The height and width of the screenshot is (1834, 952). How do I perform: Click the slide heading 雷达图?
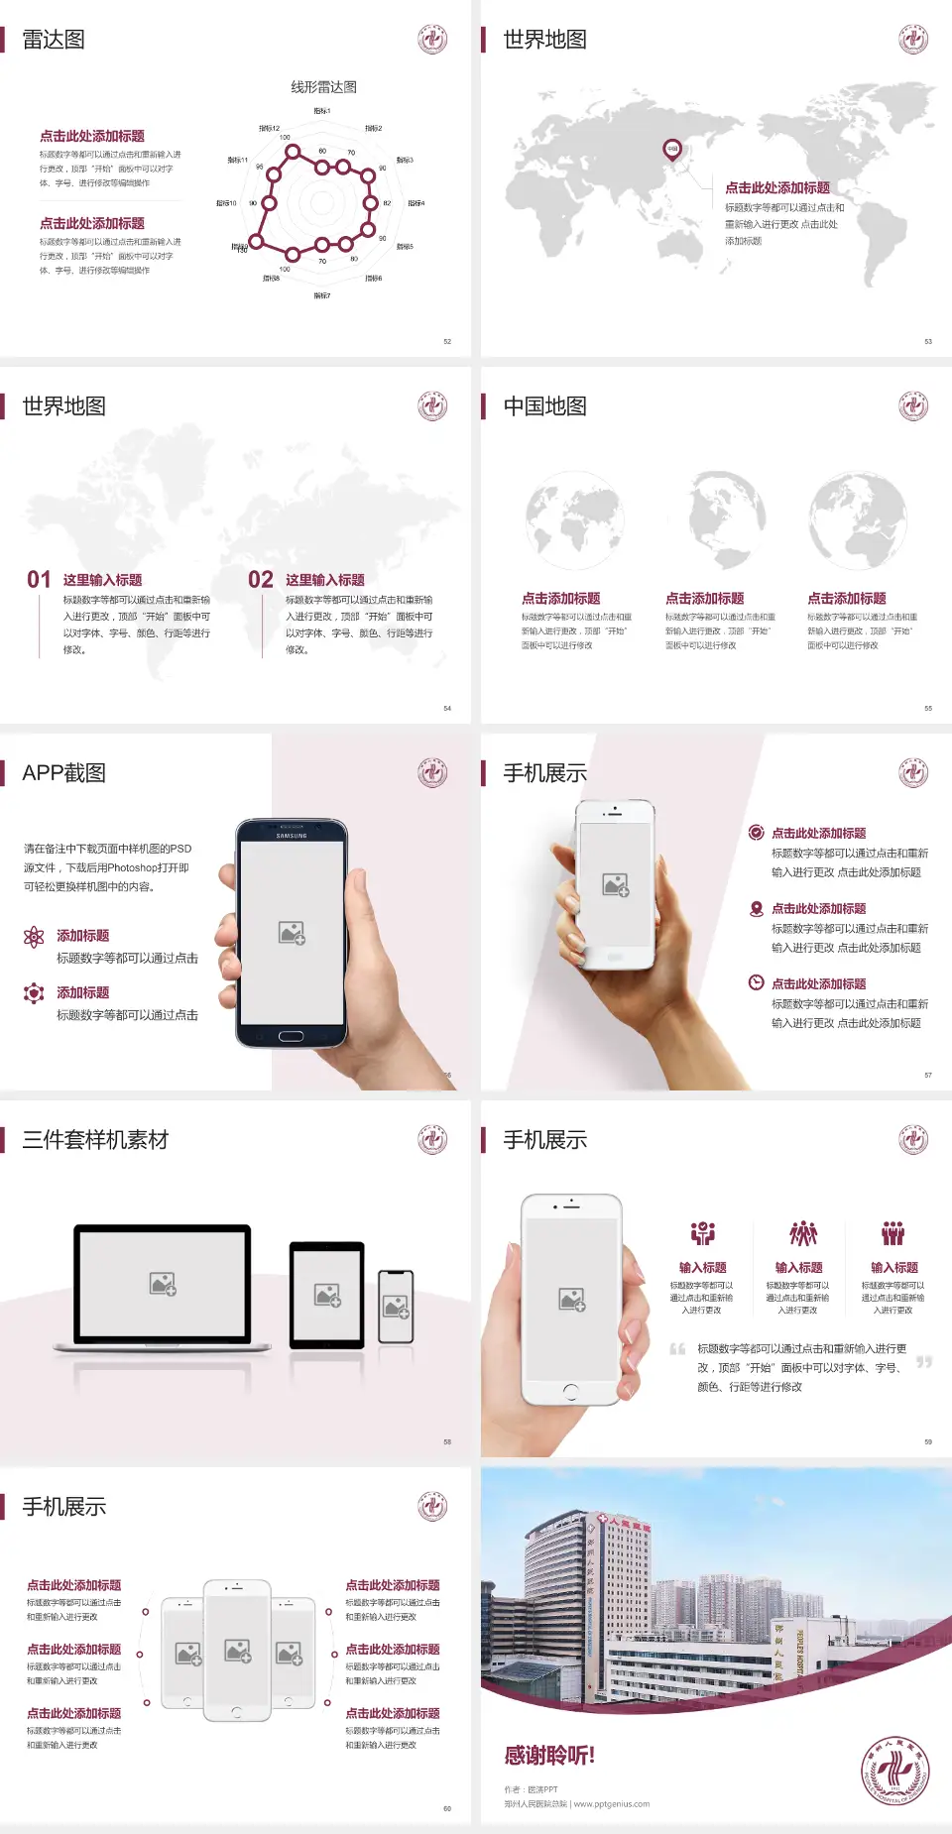54,40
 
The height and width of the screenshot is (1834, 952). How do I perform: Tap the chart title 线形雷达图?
323,87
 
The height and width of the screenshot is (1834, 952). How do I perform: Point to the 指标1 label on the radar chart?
322,111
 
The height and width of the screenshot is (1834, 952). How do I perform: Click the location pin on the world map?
672,150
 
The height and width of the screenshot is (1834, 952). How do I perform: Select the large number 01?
39,580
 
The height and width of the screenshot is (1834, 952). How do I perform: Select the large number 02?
261,580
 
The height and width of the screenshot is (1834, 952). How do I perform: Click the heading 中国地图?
544,406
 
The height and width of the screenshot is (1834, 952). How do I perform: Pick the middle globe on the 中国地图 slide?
727,518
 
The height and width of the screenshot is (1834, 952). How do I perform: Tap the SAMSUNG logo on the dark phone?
292,836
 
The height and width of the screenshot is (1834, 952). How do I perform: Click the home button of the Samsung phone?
291,1036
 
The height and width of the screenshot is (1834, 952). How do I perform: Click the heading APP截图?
64,773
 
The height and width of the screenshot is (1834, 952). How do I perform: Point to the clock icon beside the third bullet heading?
756,982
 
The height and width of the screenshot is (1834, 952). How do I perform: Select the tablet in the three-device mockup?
327,1294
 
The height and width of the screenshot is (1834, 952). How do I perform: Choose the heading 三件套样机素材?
95,1140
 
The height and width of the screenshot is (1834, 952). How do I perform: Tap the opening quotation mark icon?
677,1348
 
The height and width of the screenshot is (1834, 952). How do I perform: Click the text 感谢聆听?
549,1756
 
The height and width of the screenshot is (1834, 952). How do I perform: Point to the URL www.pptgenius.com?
612,1804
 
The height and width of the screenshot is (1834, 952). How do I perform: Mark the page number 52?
447,341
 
